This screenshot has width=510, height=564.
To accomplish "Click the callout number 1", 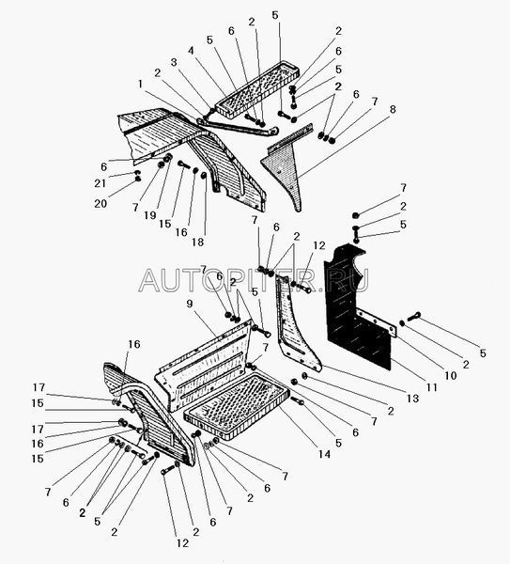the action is pyautogui.click(x=140, y=85).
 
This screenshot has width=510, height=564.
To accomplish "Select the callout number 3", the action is pyautogui.click(x=174, y=62).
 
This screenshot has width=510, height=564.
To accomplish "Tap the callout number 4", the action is pyautogui.click(x=191, y=51).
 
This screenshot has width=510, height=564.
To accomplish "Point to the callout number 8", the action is pyautogui.click(x=393, y=109).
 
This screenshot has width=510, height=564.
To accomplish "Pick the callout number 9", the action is pyautogui.click(x=190, y=304).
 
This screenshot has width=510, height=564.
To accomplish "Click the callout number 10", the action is pyautogui.click(x=450, y=375).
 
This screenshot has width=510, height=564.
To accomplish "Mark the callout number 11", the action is pyautogui.click(x=432, y=387).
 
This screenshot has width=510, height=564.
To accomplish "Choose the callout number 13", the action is pyautogui.click(x=413, y=399).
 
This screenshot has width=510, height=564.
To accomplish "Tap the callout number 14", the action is pyautogui.click(x=324, y=454).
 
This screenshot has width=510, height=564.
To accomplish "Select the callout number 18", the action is pyautogui.click(x=197, y=243).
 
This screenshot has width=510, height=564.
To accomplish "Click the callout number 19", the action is pyautogui.click(x=150, y=215).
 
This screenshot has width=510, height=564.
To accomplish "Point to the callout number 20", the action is pyautogui.click(x=100, y=204).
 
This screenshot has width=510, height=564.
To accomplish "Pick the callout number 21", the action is pyautogui.click(x=100, y=183).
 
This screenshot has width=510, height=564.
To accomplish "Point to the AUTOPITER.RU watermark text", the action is pyautogui.click(x=254, y=280).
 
